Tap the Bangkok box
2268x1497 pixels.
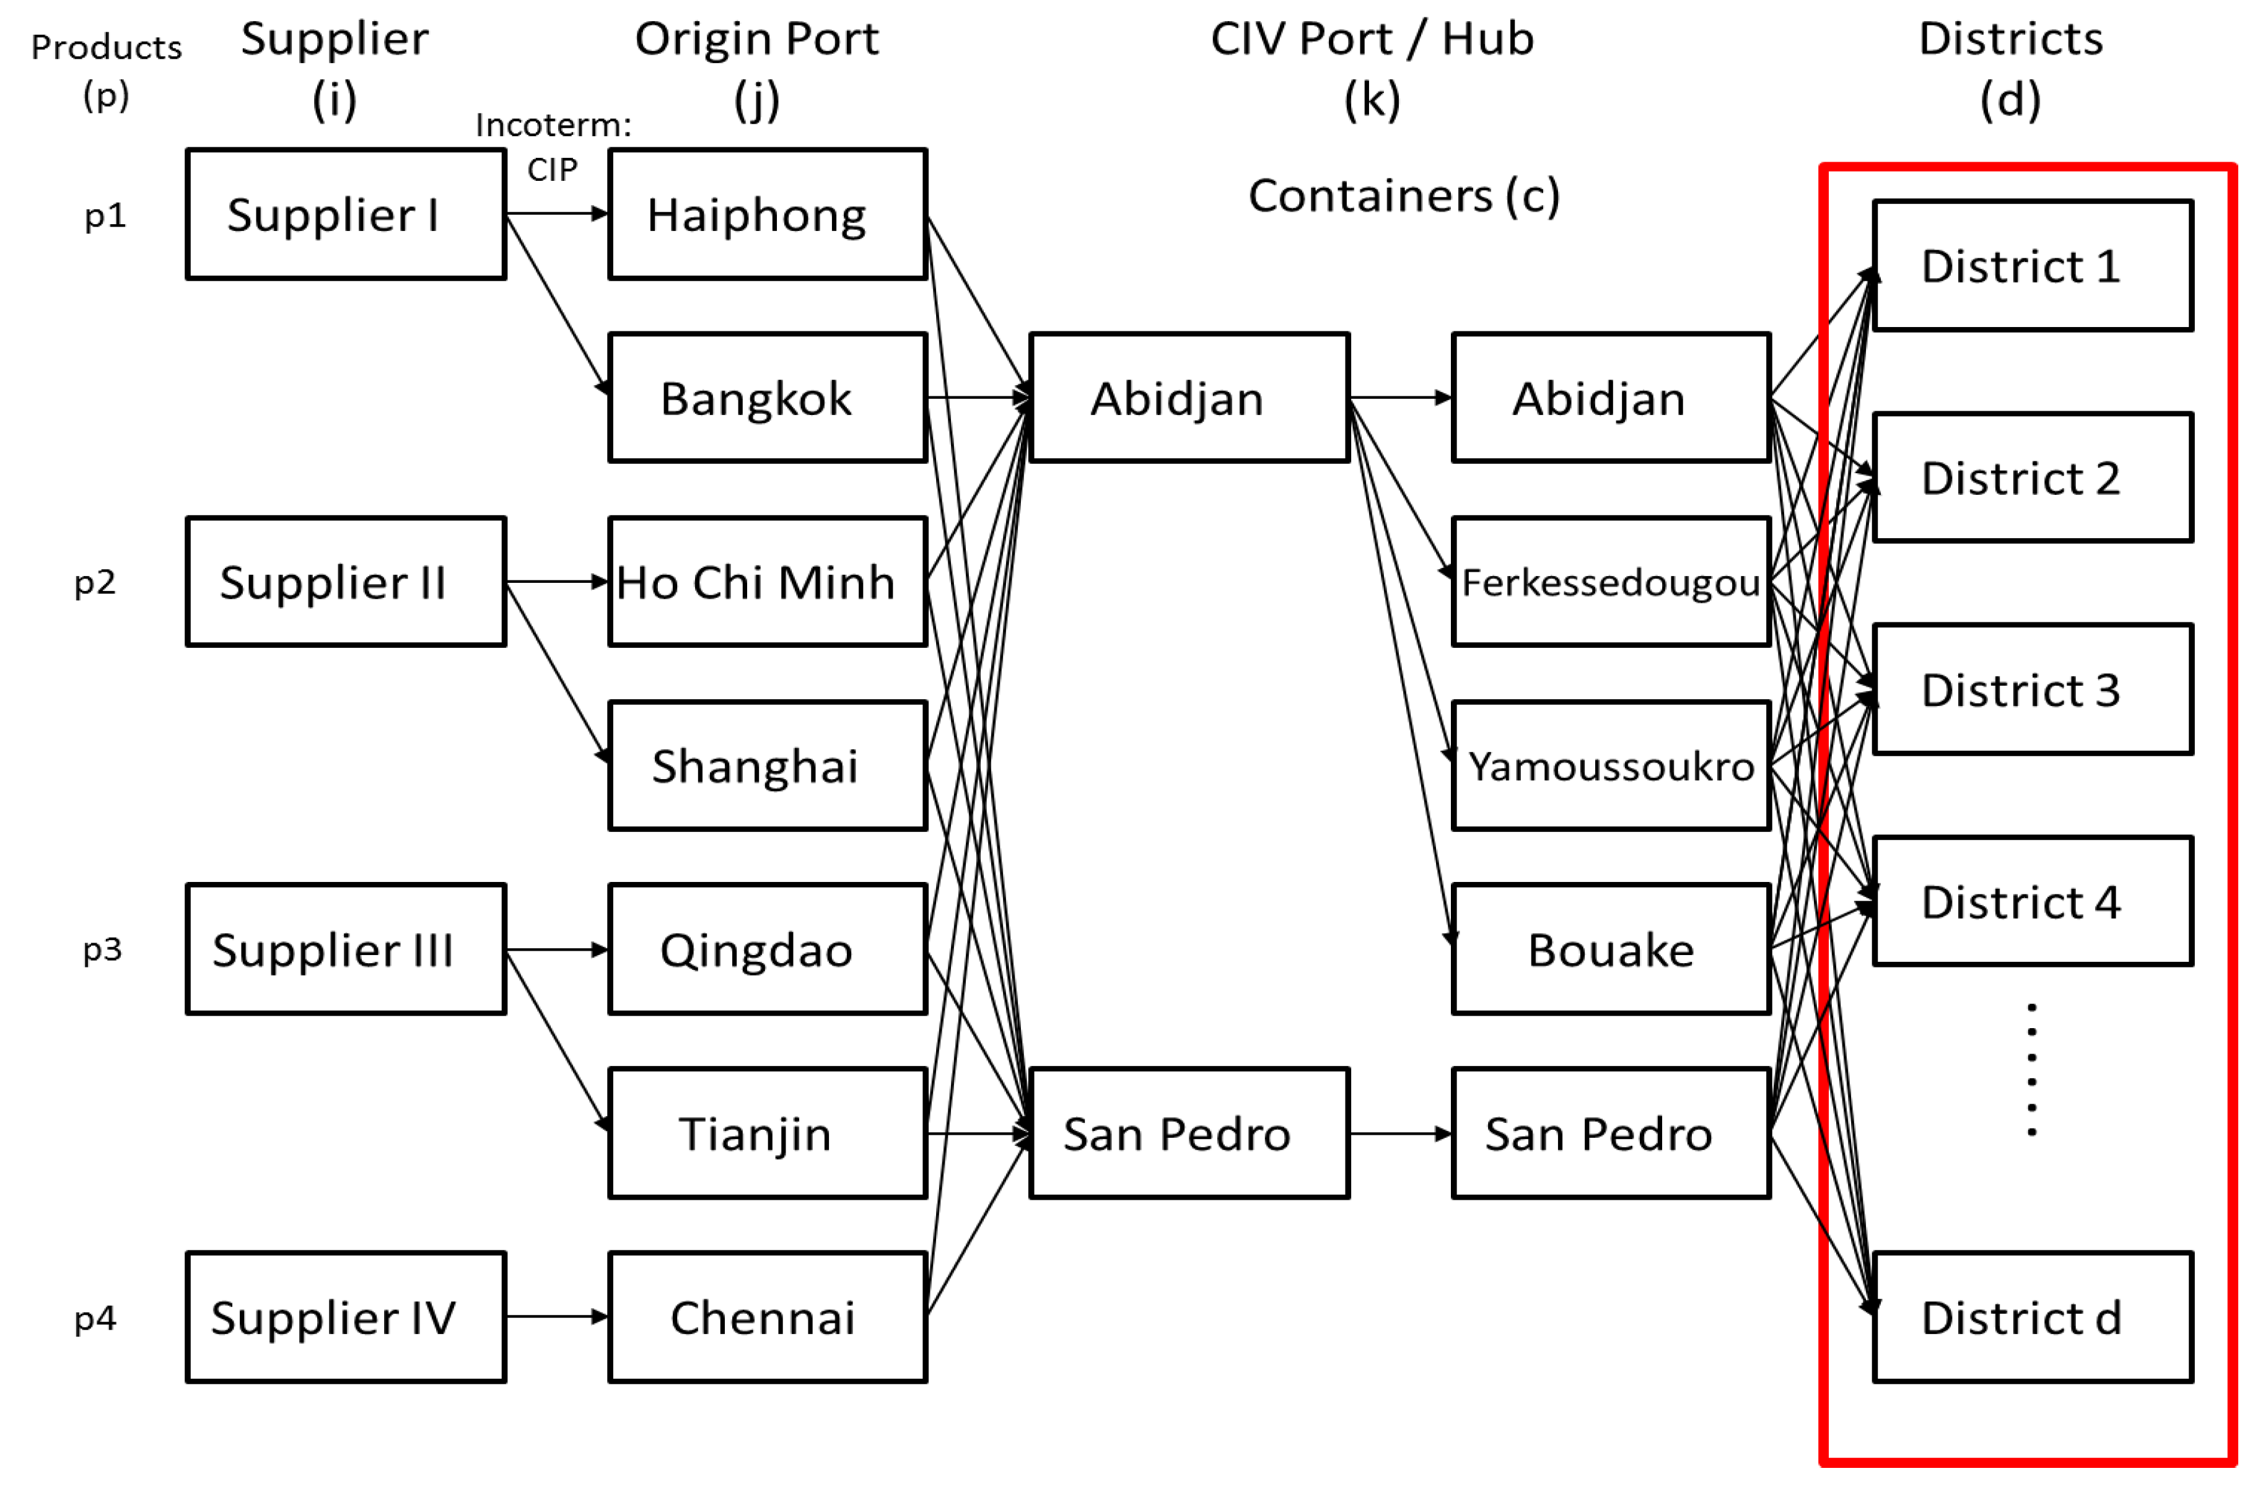pyautogui.click(x=767, y=398)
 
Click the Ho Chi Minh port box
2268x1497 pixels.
pyautogui.click(x=767, y=582)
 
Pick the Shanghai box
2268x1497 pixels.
pyautogui.click(x=767, y=766)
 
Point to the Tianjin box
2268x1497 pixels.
pyautogui.click(x=767, y=1133)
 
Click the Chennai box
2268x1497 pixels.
pyautogui.click(x=767, y=1317)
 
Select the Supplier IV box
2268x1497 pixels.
pyautogui.click(x=346, y=1317)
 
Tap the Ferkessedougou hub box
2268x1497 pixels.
pyautogui.click(x=1610, y=582)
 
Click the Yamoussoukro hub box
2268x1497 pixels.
pyautogui.click(x=1610, y=766)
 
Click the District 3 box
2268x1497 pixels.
pyautogui.click(x=2031, y=689)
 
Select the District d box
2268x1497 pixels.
pyautogui.click(x=2031, y=1317)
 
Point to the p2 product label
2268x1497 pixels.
pyautogui.click(x=95, y=582)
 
